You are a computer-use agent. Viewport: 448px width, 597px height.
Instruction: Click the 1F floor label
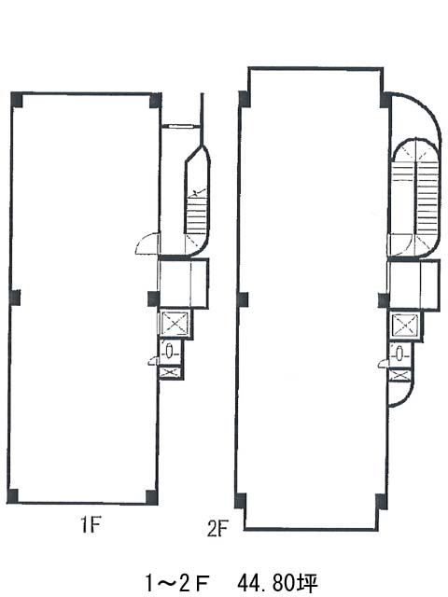pos(91,526)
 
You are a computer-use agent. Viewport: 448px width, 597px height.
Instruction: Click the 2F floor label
pos(217,529)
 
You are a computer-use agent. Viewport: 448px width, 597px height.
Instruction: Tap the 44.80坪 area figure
pos(278,582)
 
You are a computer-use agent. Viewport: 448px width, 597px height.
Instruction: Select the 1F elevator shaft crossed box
pos(175,324)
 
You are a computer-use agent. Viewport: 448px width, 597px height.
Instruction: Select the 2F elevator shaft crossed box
pos(405,326)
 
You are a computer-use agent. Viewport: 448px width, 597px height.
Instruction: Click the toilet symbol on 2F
pos(399,354)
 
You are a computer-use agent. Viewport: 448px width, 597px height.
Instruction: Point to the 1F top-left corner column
pos(17,100)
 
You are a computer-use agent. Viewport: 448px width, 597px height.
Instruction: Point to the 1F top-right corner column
pos(156,101)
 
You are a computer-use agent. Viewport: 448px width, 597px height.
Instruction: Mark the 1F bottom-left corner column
pos(12,496)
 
